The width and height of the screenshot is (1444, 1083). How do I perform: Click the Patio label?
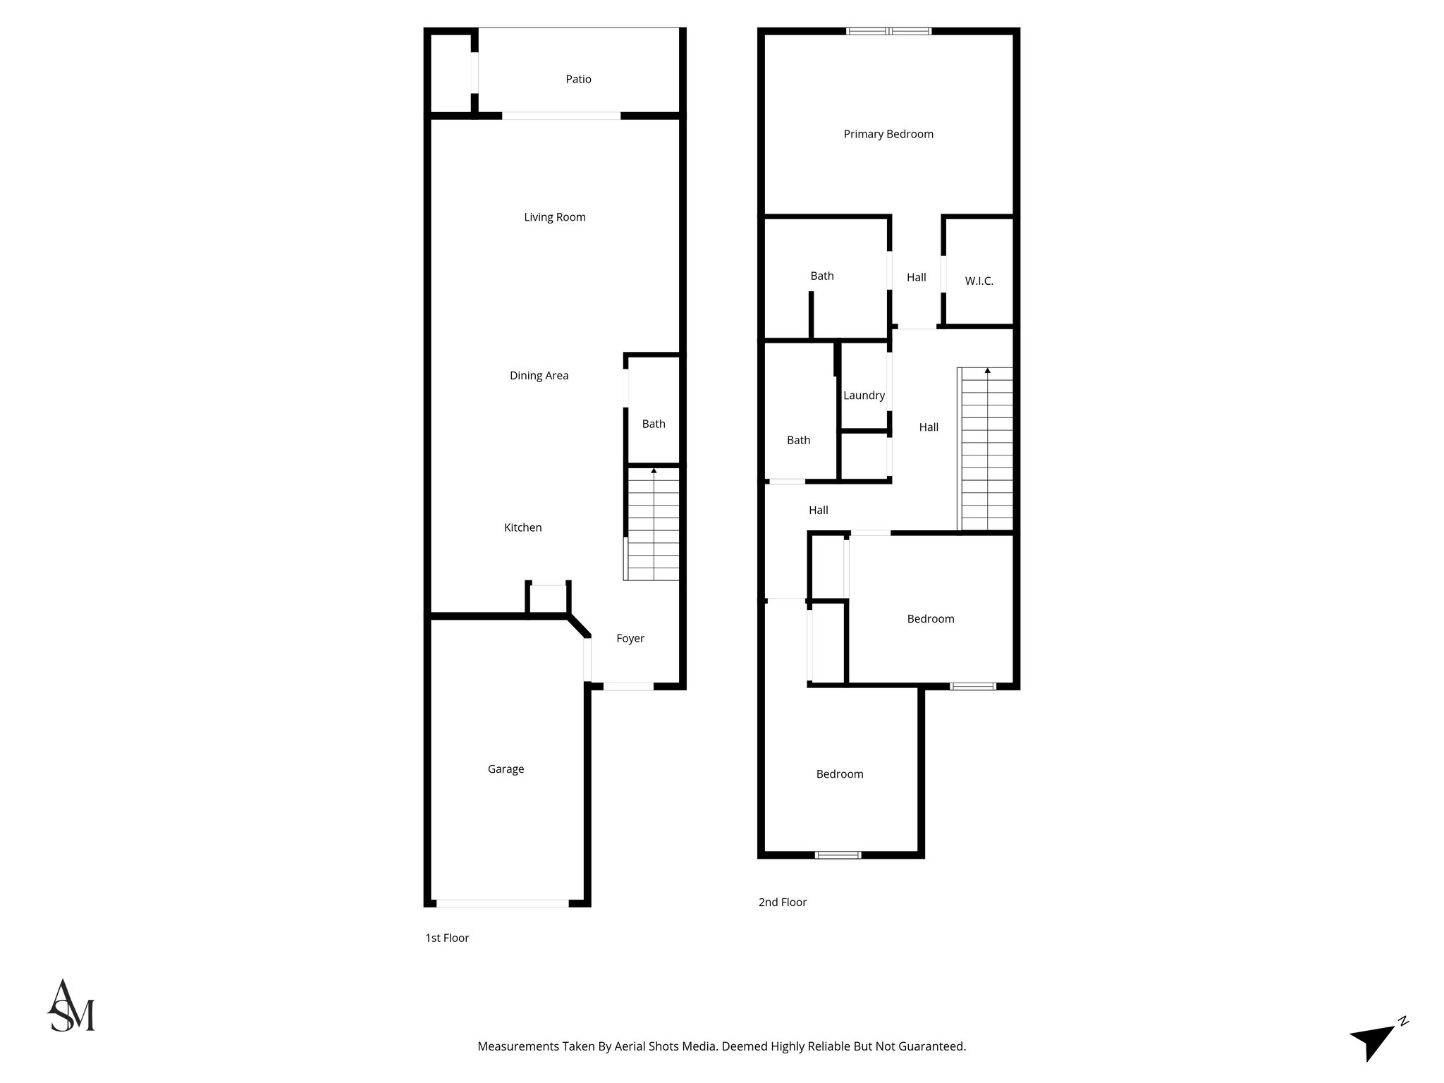(x=578, y=79)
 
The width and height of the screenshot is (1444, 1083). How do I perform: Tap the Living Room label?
(x=554, y=217)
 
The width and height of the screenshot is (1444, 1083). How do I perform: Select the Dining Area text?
(x=539, y=376)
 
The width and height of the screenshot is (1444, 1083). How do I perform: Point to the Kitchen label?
(x=522, y=527)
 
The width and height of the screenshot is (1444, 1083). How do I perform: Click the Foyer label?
(x=630, y=638)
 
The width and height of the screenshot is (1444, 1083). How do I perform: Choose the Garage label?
(x=506, y=769)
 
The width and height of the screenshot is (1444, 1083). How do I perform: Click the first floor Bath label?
(x=653, y=424)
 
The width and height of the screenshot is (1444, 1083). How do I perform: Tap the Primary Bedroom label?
(x=888, y=134)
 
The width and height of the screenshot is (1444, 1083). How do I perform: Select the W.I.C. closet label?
(x=979, y=281)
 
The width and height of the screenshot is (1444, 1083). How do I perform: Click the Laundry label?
(x=864, y=396)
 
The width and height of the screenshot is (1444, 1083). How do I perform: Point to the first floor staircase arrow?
(x=654, y=470)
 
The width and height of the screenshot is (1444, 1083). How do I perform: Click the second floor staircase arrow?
(x=987, y=371)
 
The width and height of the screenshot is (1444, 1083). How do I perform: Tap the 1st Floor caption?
(x=446, y=938)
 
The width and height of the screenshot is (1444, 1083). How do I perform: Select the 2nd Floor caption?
(x=782, y=902)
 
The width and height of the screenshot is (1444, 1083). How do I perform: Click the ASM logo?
(x=71, y=1006)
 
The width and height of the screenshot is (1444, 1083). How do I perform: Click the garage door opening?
(x=502, y=902)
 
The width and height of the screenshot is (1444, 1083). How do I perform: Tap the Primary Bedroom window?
(x=888, y=31)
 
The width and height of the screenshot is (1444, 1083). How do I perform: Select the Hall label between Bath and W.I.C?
(x=916, y=277)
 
